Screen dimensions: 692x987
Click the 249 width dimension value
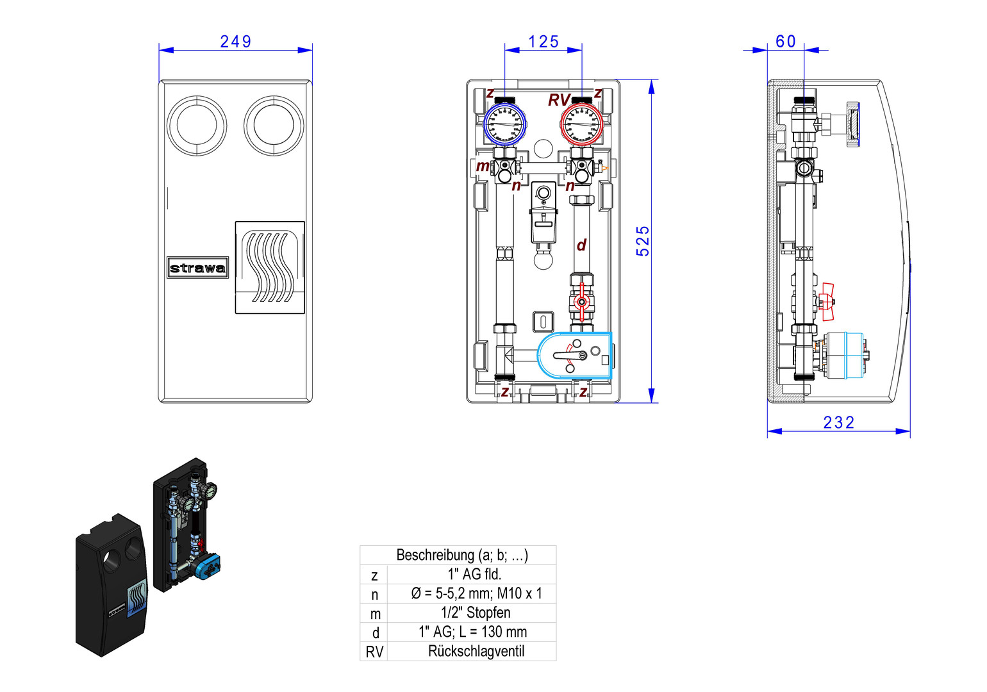[235, 42]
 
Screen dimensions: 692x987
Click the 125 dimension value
[543, 42]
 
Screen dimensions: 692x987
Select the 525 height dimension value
[643, 241]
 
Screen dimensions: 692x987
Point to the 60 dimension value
[786, 42]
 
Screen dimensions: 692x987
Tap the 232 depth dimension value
[838, 423]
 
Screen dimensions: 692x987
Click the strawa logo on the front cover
[197, 268]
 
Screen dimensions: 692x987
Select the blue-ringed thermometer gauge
[504, 124]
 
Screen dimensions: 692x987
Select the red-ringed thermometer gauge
[582, 124]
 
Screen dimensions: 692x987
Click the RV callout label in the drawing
[558, 101]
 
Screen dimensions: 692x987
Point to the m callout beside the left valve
[483, 167]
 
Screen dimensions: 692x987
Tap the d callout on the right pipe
[581, 245]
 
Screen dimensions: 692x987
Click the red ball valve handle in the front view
[581, 301]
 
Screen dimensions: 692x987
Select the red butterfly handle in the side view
[827, 301]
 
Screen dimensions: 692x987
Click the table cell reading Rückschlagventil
[476, 652]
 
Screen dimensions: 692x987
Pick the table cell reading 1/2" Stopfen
[476, 613]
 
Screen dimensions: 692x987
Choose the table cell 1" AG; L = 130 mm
[473, 632]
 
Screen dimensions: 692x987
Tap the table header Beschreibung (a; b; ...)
[461, 555]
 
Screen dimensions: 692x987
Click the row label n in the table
[375, 595]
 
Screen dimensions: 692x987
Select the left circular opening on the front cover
[197, 126]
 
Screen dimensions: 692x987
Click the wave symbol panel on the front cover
[270, 267]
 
